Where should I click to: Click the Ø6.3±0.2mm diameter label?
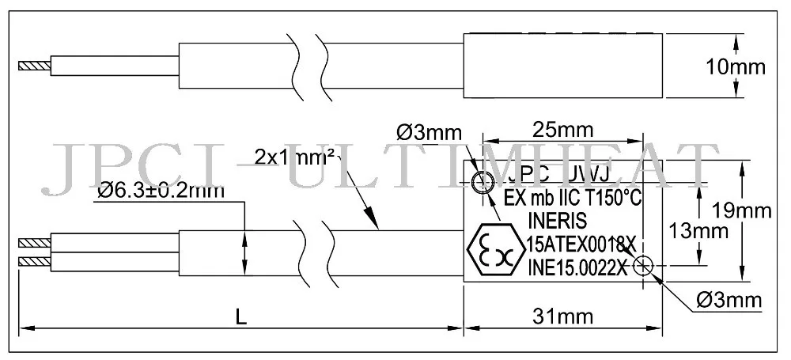[161, 191]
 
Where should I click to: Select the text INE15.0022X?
[577, 267]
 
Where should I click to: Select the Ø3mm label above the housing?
[428, 131]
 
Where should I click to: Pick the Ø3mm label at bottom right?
[729, 300]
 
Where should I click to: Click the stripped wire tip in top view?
[35, 63]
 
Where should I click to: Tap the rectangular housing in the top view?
[562, 66]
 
